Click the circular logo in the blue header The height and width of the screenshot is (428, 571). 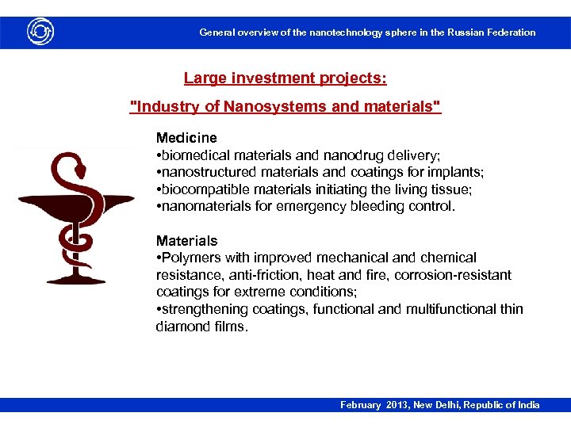pos(40,32)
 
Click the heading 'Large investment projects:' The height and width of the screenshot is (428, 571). pos(285,78)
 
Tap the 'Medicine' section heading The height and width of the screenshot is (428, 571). pos(186,138)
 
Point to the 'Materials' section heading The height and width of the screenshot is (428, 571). pos(186,240)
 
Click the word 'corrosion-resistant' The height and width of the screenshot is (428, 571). pos(455,275)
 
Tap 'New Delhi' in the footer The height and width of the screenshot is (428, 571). pos(441,405)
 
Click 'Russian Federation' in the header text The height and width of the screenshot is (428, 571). pos(492,32)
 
